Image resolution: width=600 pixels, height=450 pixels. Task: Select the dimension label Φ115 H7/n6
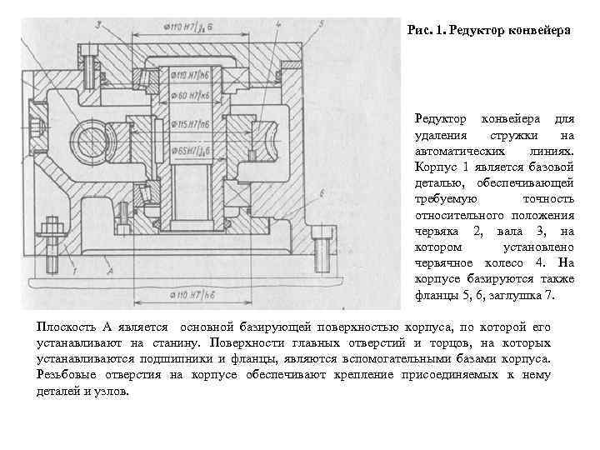(192, 124)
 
